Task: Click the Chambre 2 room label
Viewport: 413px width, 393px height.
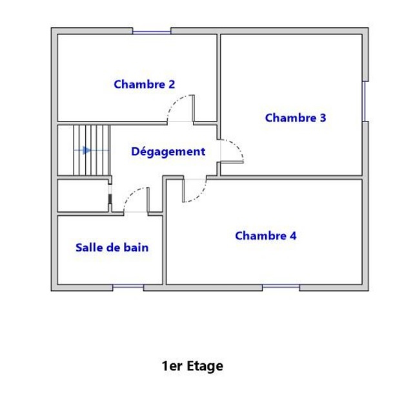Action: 145,85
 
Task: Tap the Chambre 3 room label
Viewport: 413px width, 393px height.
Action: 296,118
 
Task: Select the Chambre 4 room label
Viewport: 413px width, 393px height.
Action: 266,236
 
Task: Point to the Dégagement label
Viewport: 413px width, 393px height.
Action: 168,152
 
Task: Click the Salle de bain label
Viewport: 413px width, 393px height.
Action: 112,248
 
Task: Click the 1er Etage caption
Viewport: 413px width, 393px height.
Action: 192,366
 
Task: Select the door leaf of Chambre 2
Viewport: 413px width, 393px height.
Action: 193,108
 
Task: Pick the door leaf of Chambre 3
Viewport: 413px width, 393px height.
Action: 232,162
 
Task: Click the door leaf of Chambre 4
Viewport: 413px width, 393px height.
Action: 183,191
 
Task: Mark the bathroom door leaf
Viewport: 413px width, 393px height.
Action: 148,200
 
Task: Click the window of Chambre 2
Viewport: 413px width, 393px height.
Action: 152,32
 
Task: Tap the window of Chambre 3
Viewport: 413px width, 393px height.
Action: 365,101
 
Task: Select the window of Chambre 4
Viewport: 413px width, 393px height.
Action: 281,286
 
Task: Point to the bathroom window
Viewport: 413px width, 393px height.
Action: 128,286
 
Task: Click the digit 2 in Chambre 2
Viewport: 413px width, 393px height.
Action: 172,85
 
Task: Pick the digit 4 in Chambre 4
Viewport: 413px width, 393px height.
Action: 293,236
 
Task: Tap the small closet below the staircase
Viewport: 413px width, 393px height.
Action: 83,195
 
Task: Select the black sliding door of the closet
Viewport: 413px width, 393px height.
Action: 110,199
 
